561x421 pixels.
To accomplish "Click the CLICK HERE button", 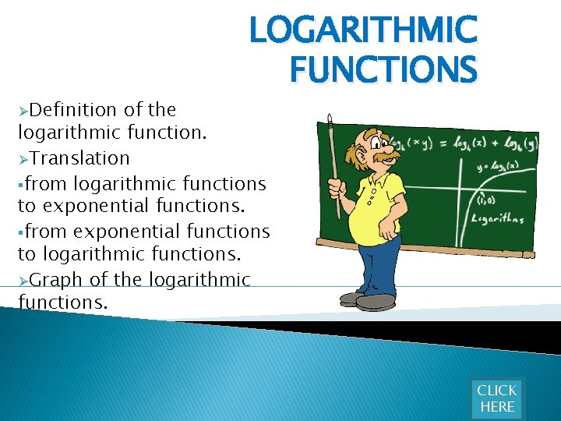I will point(496,398).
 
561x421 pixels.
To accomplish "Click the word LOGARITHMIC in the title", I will point(362,31).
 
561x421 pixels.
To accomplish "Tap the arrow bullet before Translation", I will point(23,159).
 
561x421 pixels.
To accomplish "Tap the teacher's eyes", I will point(381,141).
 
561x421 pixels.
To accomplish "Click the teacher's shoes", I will point(366,300).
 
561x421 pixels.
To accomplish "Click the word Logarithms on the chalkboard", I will point(498,219).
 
